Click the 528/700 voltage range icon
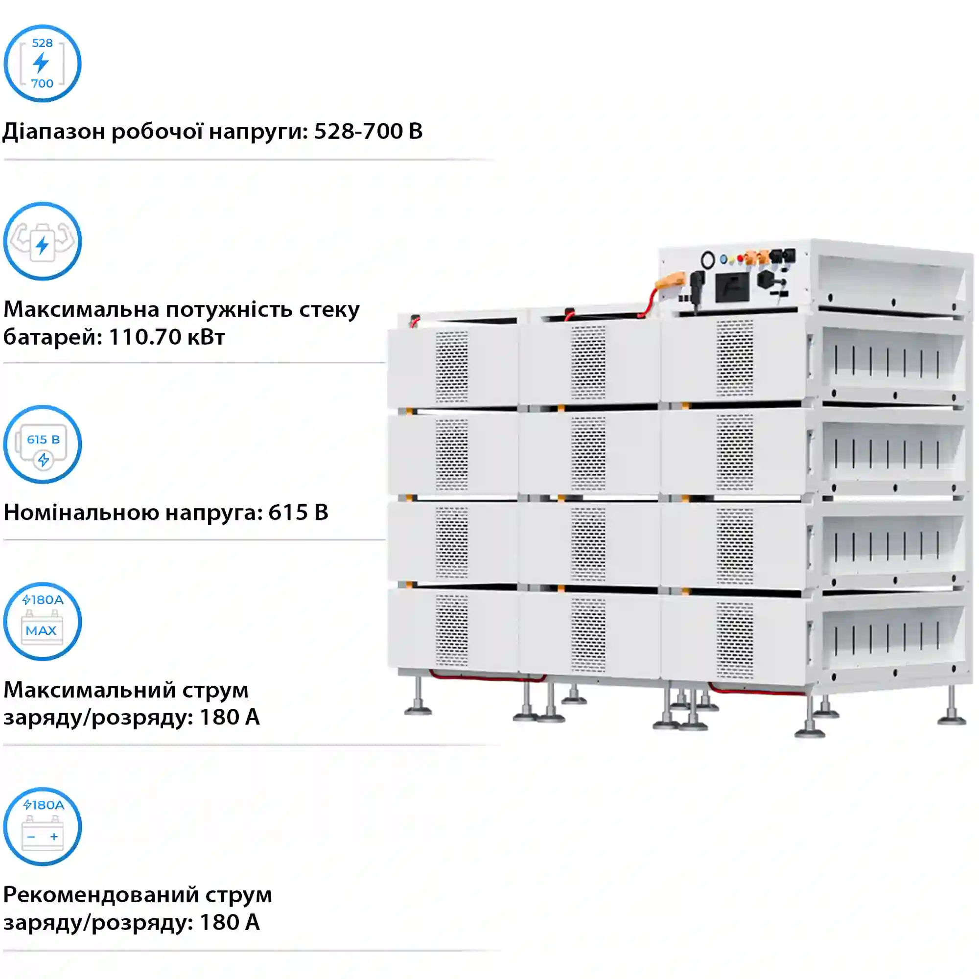pyautogui.click(x=43, y=63)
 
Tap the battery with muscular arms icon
pyautogui.click(x=43, y=241)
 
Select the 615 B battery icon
pyautogui.click(x=43, y=444)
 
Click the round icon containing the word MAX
pyautogui.click(x=43, y=622)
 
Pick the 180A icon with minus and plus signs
pyautogui.click(x=43, y=826)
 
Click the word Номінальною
pyautogui.click(x=81, y=513)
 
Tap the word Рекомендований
pyautogui.click(x=101, y=895)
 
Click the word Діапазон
pyautogui.click(x=53, y=132)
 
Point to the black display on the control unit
pyautogui.click(x=732, y=288)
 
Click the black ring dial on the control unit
pyautogui.click(x=707, y=260)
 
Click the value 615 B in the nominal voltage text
pyautogui.click(x=298, y=513)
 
